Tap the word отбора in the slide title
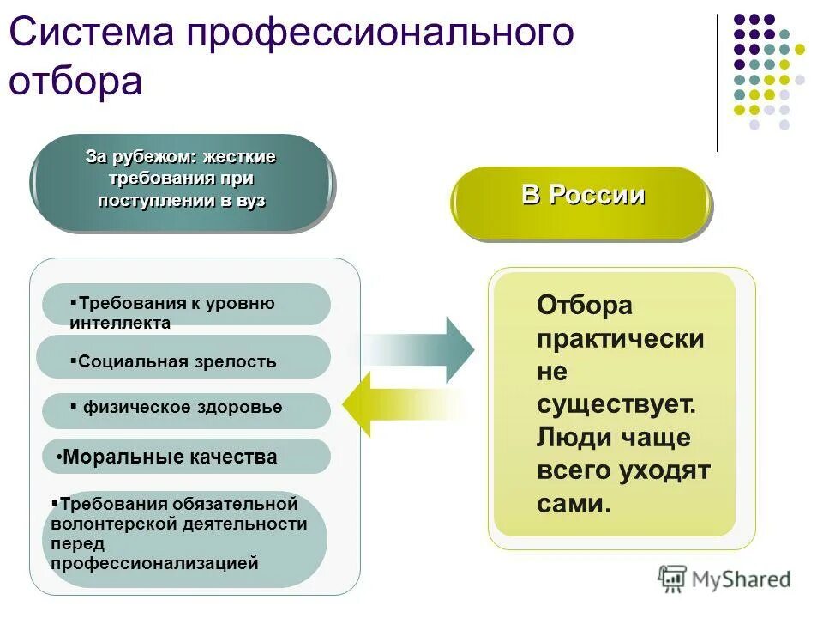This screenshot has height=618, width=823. [75, 82]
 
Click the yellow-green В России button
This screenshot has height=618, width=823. [582, 197]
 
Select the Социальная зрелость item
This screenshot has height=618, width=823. [177, 361]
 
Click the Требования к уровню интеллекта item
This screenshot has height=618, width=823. [171, 312]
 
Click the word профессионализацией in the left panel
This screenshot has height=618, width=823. [154, 564]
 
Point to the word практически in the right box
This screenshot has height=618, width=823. [621, 338]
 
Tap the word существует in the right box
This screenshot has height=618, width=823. [615, 404]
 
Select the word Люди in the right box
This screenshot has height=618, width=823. [569, 438]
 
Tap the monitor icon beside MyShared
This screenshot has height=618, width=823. [673, 579]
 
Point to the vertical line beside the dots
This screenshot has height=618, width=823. [717, 82]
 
